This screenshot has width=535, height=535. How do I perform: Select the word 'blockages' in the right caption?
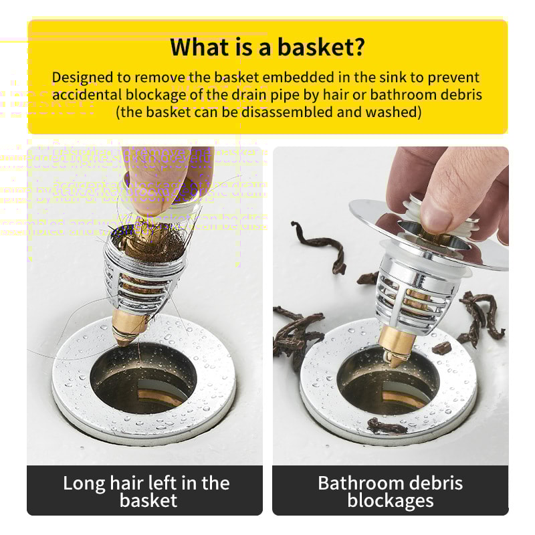pyautogui.click(x=391, y=500)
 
